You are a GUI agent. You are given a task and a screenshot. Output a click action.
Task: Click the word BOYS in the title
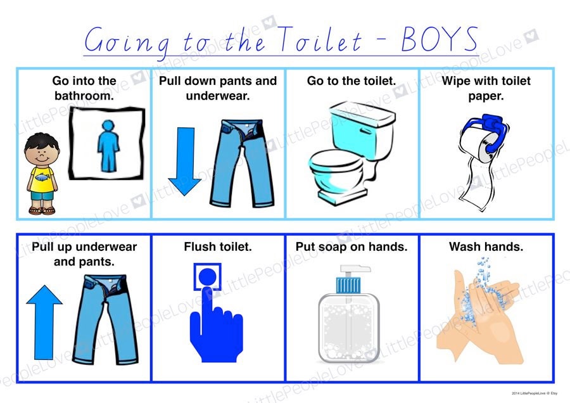click(x=440, y=39)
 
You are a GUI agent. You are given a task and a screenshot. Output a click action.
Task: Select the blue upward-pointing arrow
click(x=44, y=323)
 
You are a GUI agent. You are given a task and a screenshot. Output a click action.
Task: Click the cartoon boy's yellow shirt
click(x=41, y=179)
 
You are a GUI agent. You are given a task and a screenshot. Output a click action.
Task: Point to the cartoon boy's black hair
click(x=41, y=141)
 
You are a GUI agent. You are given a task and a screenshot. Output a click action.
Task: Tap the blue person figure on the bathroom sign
click(x=108, y=146)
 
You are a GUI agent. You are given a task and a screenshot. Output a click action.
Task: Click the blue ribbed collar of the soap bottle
click(x=348, y=285)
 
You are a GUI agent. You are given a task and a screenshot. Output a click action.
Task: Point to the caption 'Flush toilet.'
click(x=218, y=247)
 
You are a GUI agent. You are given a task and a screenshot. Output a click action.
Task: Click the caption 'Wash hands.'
click(x=486, y=247)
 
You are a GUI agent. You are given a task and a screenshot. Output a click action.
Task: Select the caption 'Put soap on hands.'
click(x=351, y=247)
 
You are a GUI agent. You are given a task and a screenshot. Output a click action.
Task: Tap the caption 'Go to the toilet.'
click(x=351, y=80)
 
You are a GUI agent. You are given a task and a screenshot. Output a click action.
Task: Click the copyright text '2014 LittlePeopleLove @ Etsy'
click(x=535, y=393)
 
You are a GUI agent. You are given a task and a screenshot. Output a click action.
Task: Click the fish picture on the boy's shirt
click(x=41, y=177)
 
